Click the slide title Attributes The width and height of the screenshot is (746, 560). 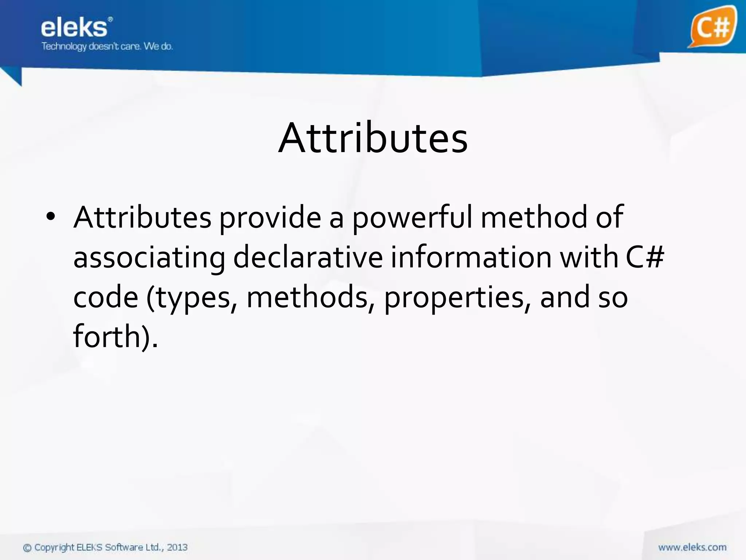373,138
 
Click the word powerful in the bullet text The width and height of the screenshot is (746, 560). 412,218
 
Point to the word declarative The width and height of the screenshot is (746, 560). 308,257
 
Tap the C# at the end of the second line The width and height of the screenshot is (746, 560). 645,257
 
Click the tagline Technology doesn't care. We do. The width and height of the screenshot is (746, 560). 107,46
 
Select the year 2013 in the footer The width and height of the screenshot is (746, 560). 177,547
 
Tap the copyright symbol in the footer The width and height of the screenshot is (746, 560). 27,548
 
